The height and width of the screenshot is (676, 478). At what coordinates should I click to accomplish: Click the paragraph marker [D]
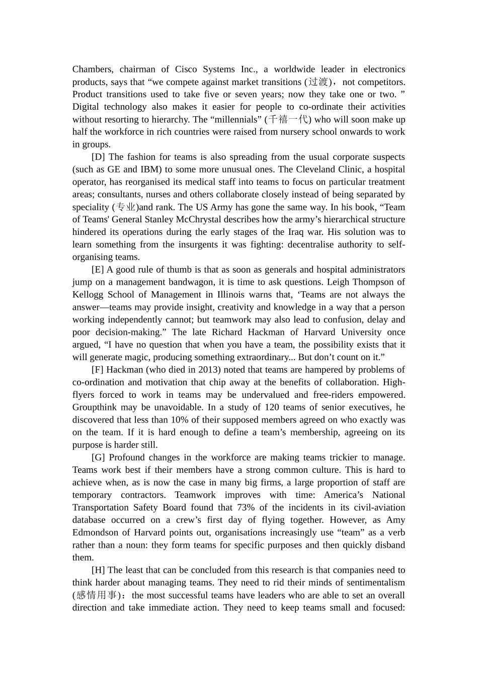(x=98, y=157)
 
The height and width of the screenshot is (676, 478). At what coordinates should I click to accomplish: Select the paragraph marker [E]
(x=98, y=270)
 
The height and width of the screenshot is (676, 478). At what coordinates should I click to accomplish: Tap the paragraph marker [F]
(x=98, y=370)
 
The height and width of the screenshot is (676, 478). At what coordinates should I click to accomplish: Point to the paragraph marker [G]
(x=98, y=457)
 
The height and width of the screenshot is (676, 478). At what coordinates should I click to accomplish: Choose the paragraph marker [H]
(x=98, y=570)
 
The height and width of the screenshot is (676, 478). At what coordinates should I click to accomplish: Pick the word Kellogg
(x=89, y=295)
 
